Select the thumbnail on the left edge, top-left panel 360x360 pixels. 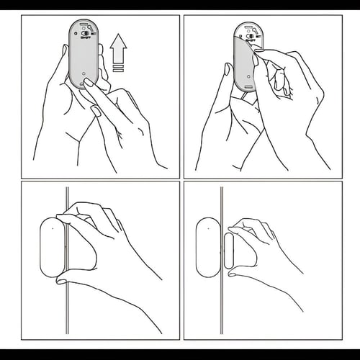click(x=63, y=54)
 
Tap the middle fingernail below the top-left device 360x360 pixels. click(x=96, y=110)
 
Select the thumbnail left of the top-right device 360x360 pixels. click(x=228, y=70)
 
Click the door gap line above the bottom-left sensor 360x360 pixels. click(x=66, y=202)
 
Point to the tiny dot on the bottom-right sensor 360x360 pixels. click(x=205, y=228)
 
